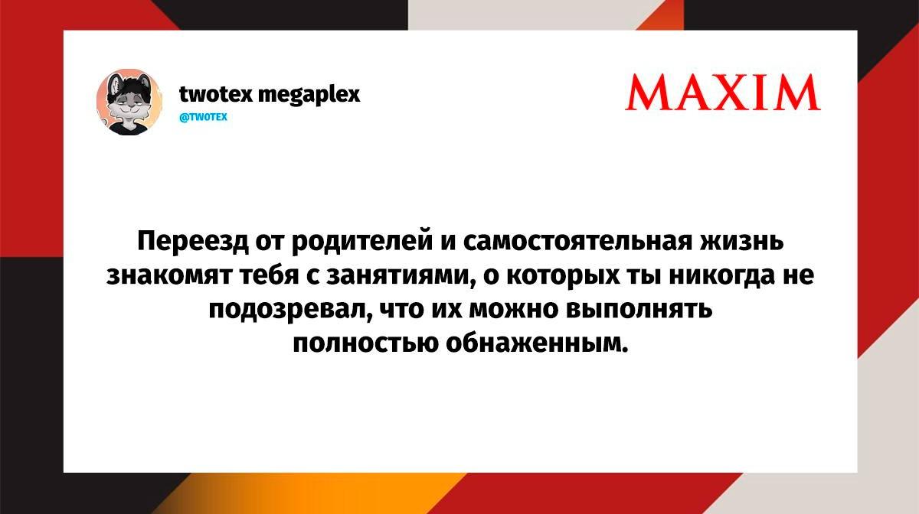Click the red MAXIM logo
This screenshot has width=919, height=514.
pyautogui.click(x=723, y=92)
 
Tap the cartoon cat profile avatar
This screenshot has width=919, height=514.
pyautogui.click(x=129, y=102)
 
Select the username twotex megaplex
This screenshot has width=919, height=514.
pyautogui.click(x=270, y=95)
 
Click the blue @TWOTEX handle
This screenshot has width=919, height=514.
pyautogui.click(x=204, y=117)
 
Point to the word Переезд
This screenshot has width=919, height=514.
pyautogui.click(x=193, y=241)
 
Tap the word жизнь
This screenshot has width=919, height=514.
pyautogui.click(x=742, y=241)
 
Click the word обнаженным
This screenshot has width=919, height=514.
pyautogui.click(x=537, y=343)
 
